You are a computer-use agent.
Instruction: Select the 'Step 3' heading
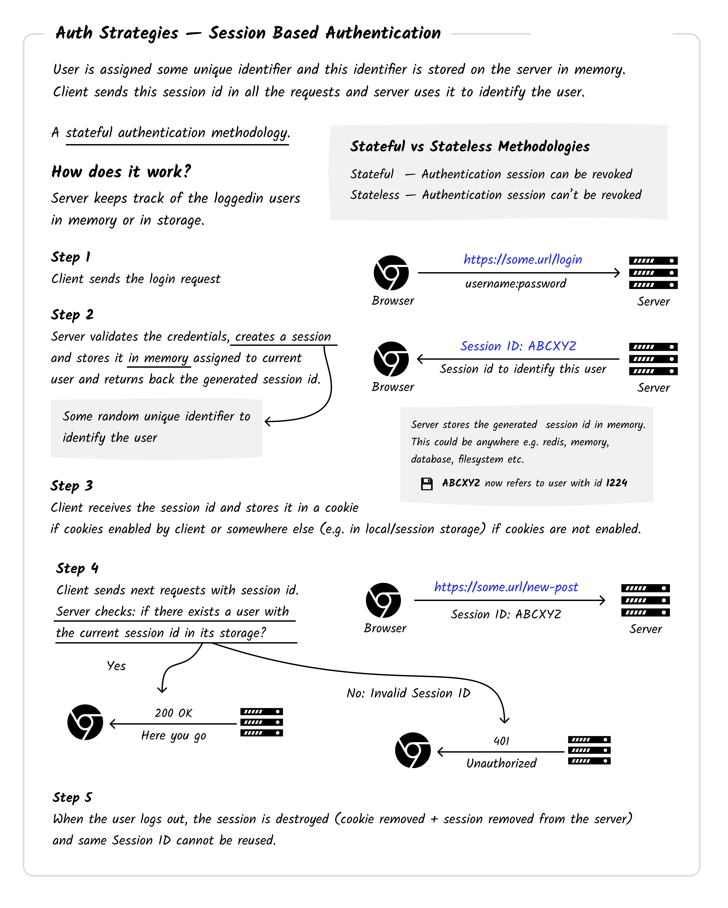[72, 486]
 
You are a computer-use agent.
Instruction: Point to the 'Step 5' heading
[72, 797]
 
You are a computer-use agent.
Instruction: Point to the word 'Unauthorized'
[501, 763]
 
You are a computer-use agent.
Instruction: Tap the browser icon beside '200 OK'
[85, 722]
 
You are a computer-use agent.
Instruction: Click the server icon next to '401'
[589, 750]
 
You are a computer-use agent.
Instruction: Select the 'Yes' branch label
[116, 666]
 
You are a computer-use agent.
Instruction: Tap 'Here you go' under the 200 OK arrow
[174, 735]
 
